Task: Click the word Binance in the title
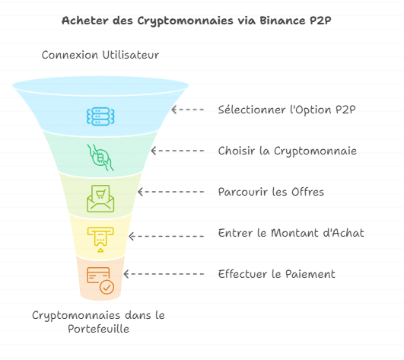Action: click(x=282, y=21)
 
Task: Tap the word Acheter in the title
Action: click(x=84, y=21)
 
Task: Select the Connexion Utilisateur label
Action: click(x=100, y=55)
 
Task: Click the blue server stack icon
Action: click(x=100, y=116)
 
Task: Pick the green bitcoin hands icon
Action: click(x=100, y=158)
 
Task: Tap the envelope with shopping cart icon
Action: click(x=100, y=199)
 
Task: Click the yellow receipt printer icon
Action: click(x=100, y=240)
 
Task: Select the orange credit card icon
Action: click(x=100, y=280)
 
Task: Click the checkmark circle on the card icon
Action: click(x=107, y=287)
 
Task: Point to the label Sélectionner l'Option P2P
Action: click(x=287, y=110)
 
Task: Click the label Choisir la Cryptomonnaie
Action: click(x=288, y=151)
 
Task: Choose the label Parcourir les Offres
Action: click(x=271, y=192)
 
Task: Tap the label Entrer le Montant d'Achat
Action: click(x=291, y=233)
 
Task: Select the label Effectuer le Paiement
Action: click(x=277, y=274)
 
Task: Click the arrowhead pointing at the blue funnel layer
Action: click(x=173, y=110)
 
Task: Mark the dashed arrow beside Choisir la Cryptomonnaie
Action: click(x=177, y=151)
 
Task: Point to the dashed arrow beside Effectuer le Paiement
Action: click(x=164, y=274)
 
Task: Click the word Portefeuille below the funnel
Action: click(x=99, y=329)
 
